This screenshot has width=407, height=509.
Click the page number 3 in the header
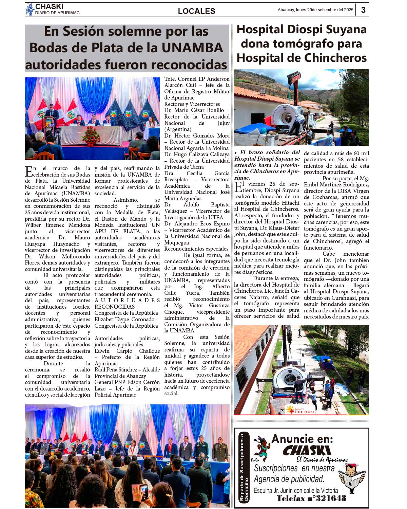(363, 10)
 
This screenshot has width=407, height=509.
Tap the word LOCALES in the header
(196, 11)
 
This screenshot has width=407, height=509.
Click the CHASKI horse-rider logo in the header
(30, 10)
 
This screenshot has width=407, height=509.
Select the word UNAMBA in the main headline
(192, 48)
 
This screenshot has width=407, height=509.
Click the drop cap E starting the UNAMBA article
(29, 171)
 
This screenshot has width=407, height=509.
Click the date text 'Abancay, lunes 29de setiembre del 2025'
(315, 10)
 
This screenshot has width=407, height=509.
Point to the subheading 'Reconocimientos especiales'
(196, 249)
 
